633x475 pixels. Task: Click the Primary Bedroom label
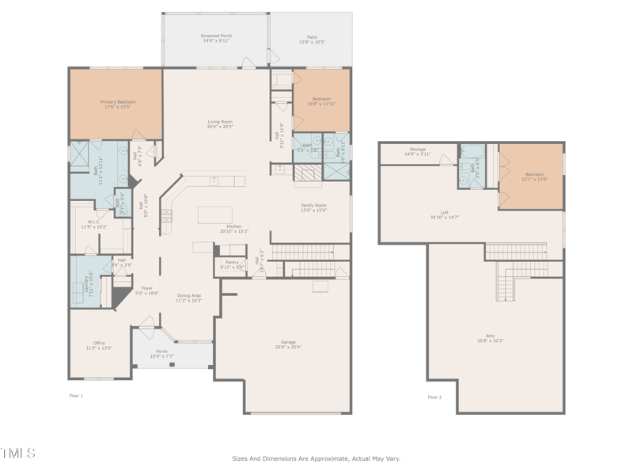[117, 102]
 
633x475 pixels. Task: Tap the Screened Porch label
[216, 37]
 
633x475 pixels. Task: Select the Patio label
[312, 37]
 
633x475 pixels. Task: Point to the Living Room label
[219, 122]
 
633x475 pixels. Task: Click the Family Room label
[313, 206]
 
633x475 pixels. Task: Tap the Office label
[99, 343]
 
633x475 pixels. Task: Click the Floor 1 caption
[76, 395]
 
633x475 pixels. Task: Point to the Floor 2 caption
[434, 397]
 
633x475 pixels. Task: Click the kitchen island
[214, 215]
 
